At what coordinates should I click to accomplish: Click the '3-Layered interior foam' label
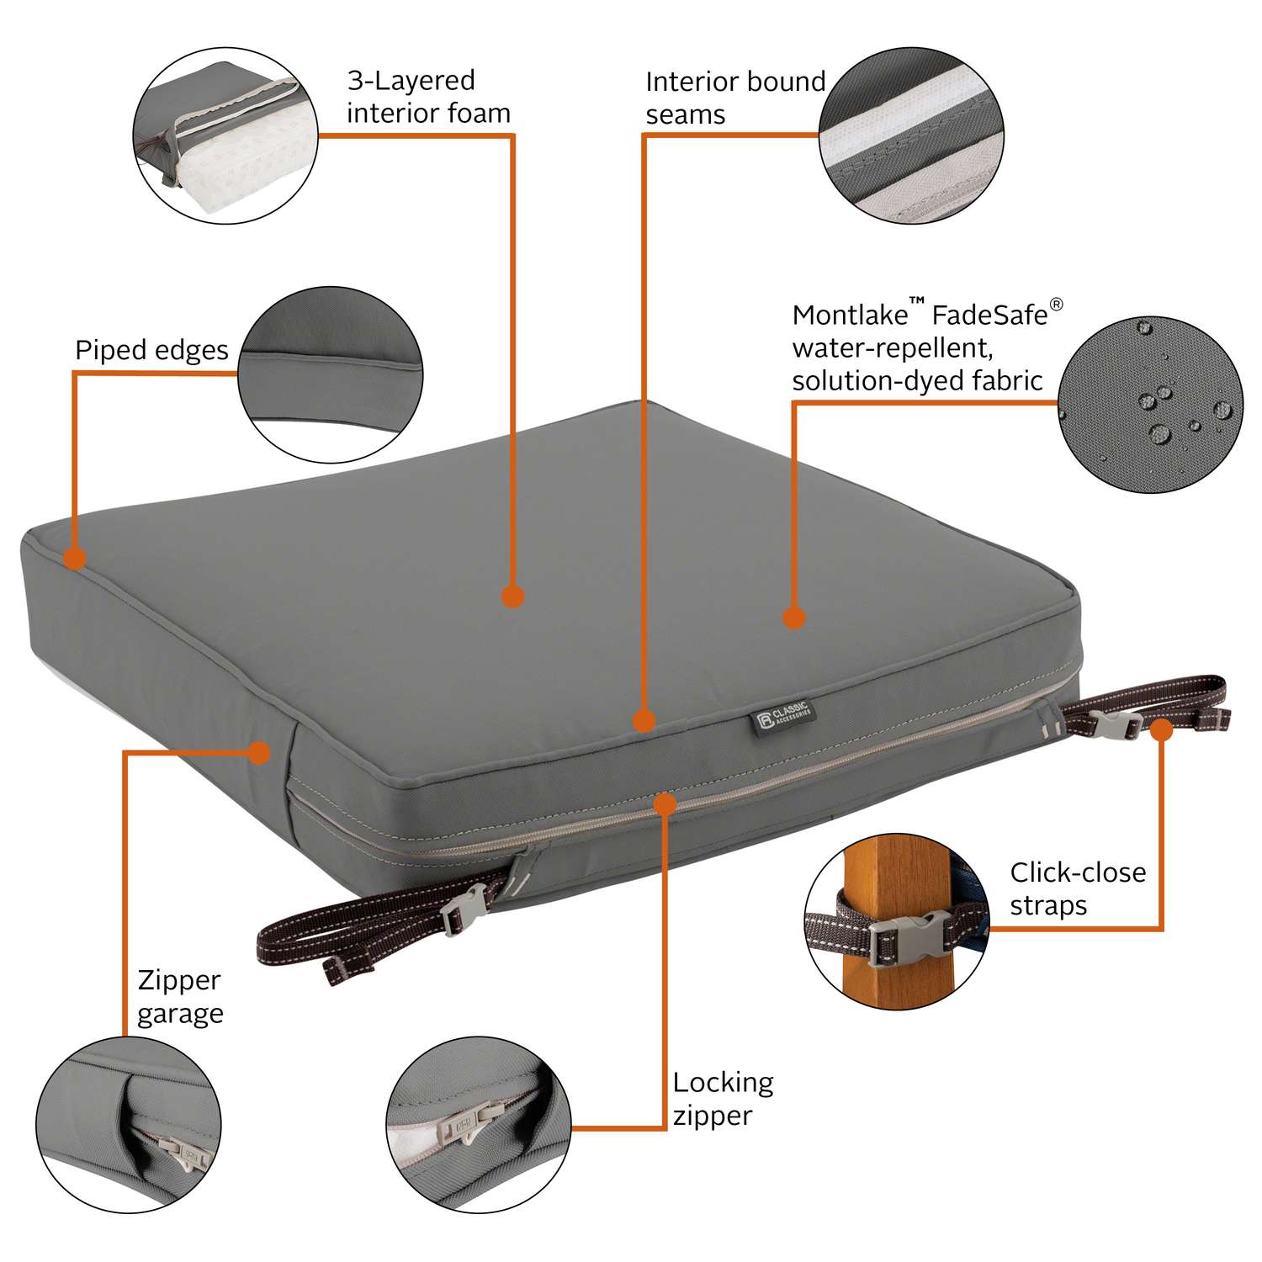pos(428,97)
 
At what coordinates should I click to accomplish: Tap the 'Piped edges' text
pos(151,350)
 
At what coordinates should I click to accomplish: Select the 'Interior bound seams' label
pos(734,98)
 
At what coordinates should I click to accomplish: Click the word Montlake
pos(850,315)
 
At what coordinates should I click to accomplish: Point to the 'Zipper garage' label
pos(180,997)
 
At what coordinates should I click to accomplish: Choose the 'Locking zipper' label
pos(723,1099)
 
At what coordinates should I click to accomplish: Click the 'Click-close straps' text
pos(1078,888)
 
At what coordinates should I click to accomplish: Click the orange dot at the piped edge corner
pos(75,558)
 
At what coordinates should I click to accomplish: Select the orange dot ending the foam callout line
pos(512,597)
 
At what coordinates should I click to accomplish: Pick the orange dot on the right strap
pos(1161,729)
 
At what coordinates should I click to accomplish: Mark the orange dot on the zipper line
pos(665,803)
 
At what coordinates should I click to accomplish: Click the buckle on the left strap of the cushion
pos(462,909)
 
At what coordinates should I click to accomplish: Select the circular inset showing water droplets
pos(1150,405)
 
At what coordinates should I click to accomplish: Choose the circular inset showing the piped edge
pos(331,375)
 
